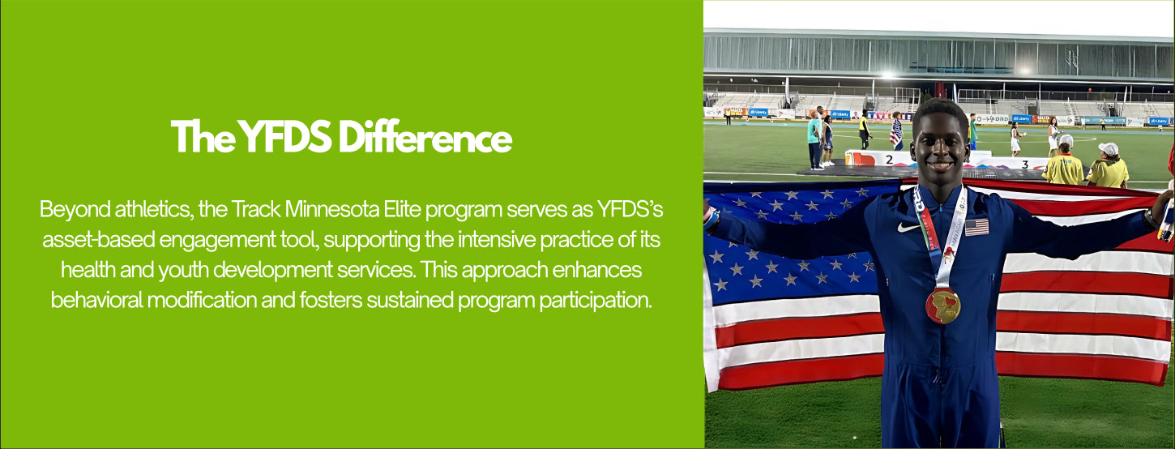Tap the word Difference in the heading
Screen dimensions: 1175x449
tap(425, 137)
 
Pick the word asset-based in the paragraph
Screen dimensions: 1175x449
tap(98, 240)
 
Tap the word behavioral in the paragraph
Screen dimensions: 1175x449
tap(96, 300)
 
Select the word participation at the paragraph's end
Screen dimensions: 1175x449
tap(596, 301)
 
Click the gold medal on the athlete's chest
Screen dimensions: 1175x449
tap(942, 306)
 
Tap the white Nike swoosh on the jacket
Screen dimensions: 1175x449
tap(908, 227)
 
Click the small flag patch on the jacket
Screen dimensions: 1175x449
tap(976, 227)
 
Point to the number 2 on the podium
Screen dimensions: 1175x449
tap(889, 159)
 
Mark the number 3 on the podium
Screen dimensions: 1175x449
tap(1024, 165)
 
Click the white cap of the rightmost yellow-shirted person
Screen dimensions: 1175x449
tap(1109, 149)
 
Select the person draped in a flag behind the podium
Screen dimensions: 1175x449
tap(896, 131)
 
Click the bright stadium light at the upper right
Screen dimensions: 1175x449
tap(1024, 70)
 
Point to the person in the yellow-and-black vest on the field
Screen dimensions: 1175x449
tap(863, 131)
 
